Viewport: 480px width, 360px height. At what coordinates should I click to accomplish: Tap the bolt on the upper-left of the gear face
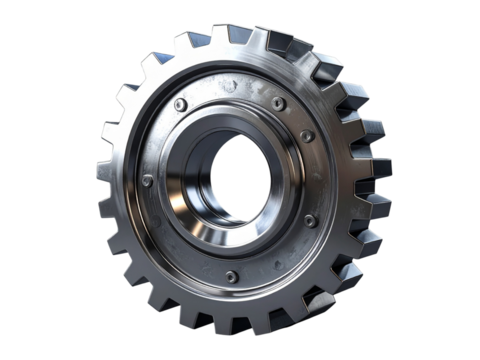pos(179,104)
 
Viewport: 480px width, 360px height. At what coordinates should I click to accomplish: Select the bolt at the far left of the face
pos(148,181)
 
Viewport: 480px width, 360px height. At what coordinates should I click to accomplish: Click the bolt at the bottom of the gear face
pos(231,275)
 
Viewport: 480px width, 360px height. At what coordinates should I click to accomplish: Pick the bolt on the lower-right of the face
pos(308,220)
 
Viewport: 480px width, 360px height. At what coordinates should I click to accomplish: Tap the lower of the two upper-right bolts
pos(307,135)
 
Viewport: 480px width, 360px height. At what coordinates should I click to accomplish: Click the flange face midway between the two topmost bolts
pos(228,95)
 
